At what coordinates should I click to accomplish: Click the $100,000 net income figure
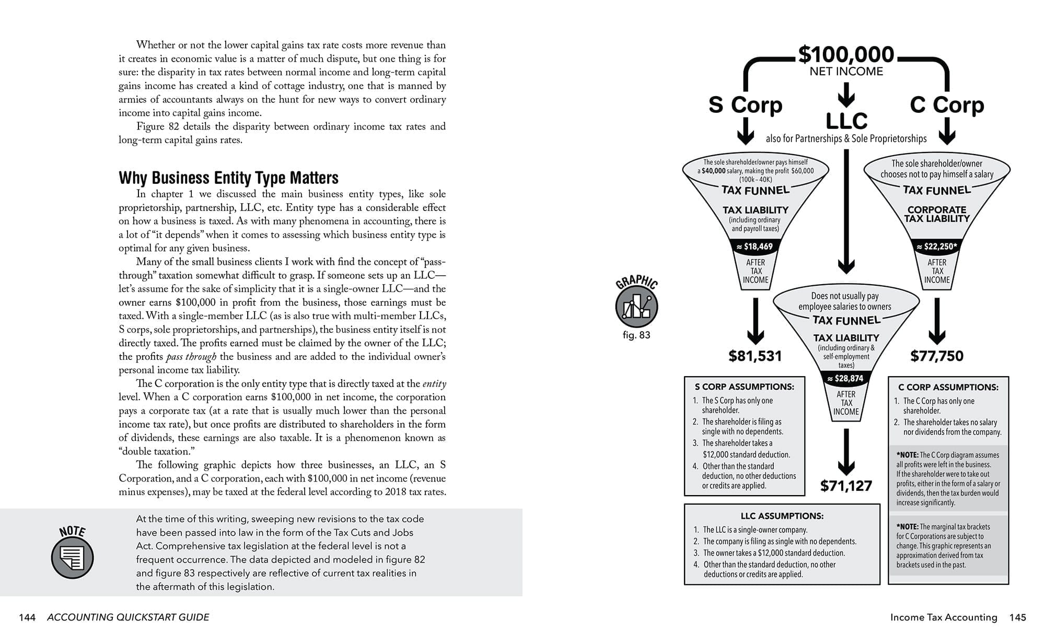click(846, 55)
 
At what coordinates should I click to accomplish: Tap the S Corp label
click(745, 105)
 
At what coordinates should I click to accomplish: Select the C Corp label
click(947, 105)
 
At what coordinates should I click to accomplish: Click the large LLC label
click(846, 121)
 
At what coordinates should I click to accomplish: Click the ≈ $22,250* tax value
click(936, 247)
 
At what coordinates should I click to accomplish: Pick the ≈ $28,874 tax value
click(845, 379)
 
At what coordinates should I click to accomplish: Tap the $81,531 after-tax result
click(755, 356)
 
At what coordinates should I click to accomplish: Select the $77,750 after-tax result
click(936, 356)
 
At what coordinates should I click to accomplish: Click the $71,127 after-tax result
click(846, 486)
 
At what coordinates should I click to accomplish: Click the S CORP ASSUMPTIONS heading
click(744, 387)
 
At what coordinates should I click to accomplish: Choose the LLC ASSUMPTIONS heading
click(782, 516)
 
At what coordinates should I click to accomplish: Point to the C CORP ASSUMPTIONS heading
click(948, 388)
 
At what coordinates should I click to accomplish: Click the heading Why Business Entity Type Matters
click(228, 178)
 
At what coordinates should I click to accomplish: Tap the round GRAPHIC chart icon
click(636, 306)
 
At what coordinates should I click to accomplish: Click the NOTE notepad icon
click(72, 557)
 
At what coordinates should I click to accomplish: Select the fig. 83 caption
click(636, 335)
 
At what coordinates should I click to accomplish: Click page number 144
click(27, 617)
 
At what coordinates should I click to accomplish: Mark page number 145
click(1017, 617)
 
